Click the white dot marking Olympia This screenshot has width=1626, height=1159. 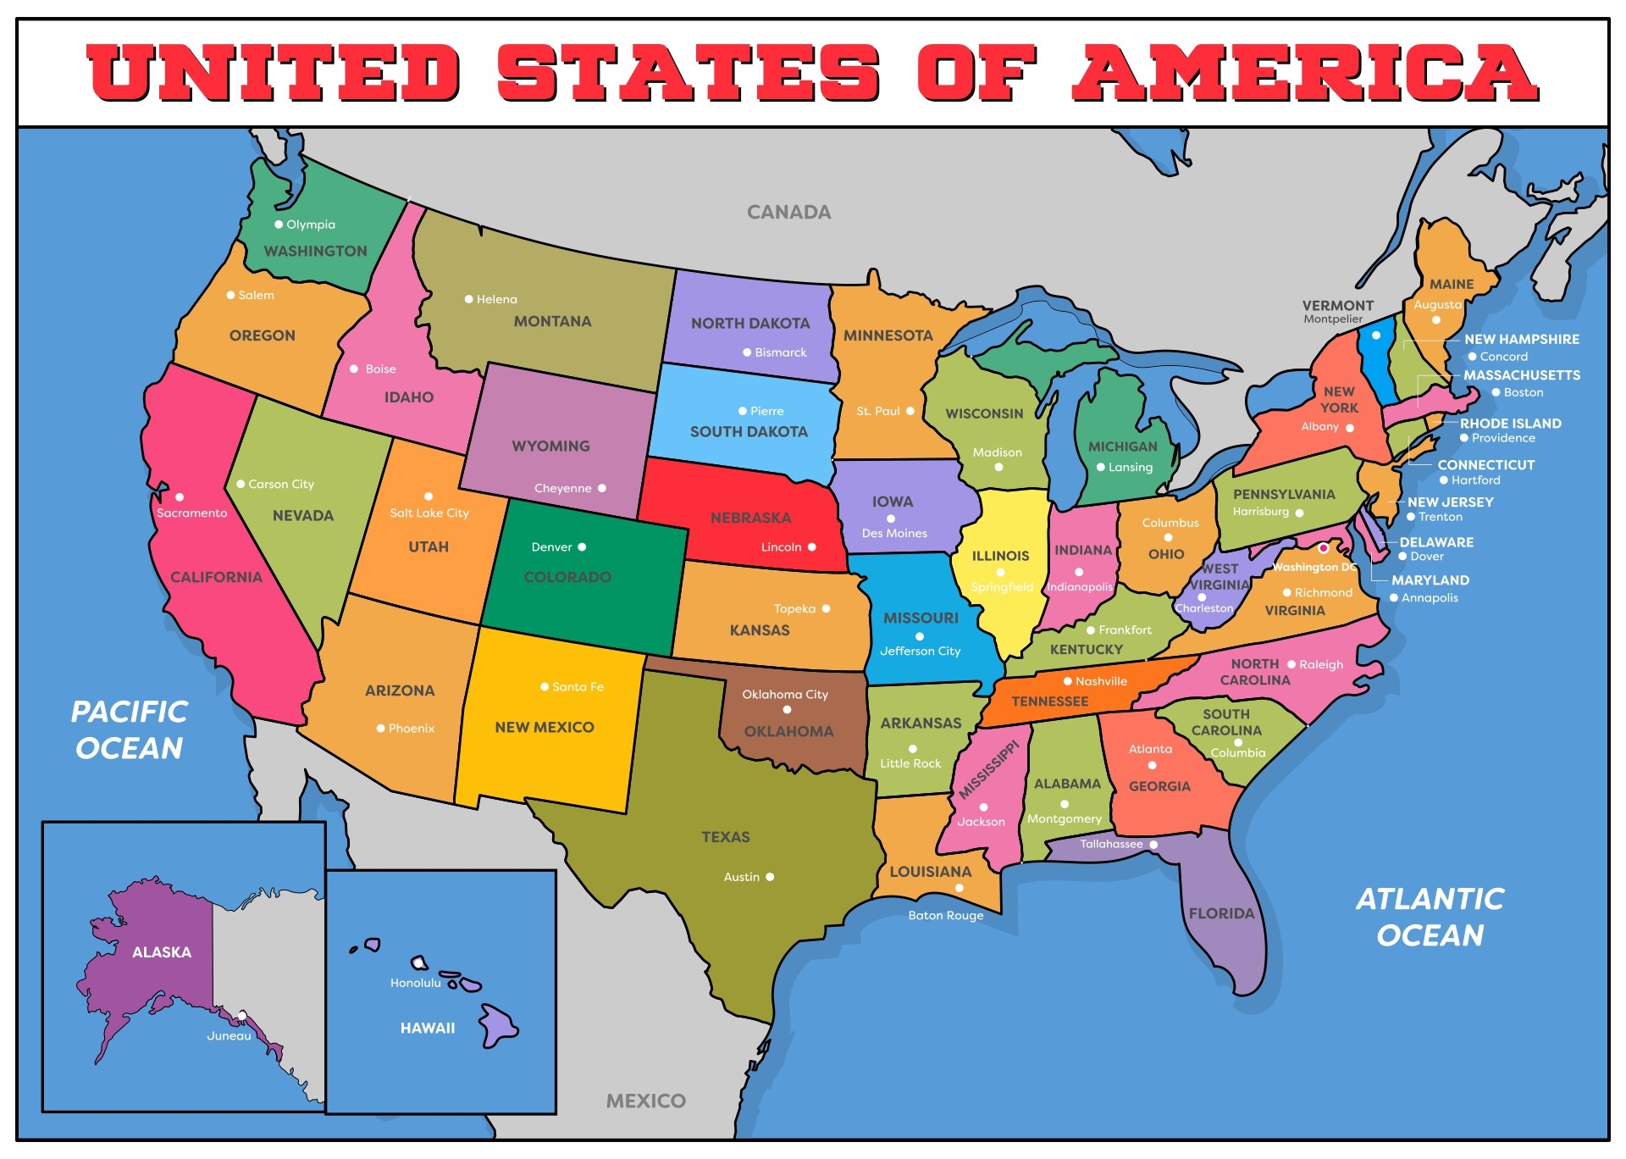(x=279, y=225)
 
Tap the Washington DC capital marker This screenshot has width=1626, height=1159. (x=1323, y=548)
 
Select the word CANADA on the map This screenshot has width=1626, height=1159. (x=788, y=213)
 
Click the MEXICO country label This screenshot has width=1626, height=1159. (x=645, y=1101)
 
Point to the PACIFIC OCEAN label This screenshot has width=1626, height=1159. (x=130, y=729)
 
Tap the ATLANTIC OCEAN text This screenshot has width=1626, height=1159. (x=1430, y=917)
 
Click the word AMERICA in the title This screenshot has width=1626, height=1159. (x=1305, y=72)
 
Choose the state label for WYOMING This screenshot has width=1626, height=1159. (x=550, y=446)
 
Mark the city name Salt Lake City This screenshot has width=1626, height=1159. (x=429, y=513)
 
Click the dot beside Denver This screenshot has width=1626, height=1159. (x=582, y=547)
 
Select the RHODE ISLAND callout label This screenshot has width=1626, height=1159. (x=1510, y=424)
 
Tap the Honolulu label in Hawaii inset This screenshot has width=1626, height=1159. (x=415, y=984)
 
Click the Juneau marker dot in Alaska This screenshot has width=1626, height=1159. (x=242, y=1015)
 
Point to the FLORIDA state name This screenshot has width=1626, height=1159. (x=1221, y=913)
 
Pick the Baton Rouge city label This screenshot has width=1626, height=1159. (x=945, y=916)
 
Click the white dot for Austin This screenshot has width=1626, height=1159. (x=770, y=877)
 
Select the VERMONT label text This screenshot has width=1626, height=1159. (x=1337, y=306)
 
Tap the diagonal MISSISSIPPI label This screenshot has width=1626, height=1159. (x=988, y=769)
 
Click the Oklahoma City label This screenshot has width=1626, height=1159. (x=784, y=695)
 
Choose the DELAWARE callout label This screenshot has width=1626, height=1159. (x=1435, y=542)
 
